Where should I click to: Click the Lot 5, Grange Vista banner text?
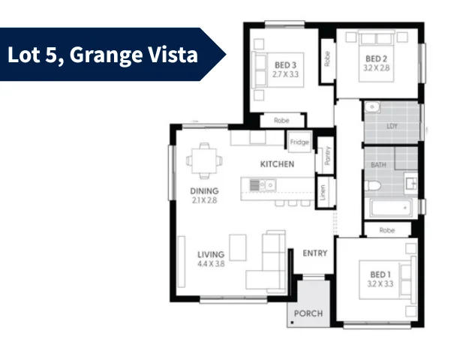coord(102,54)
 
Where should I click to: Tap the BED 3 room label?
coord(284,65)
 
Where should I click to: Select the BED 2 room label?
coord(376,58)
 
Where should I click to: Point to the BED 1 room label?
coord(380,274)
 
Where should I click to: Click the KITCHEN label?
coord(277,164)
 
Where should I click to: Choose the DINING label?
coord(204,191)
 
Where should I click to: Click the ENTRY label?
coord(314,253)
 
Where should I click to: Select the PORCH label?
coord(308,313)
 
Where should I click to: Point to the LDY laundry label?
coord(392,126)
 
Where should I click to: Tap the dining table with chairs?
coord(204,159)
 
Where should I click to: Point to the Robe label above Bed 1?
coord(387,231)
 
